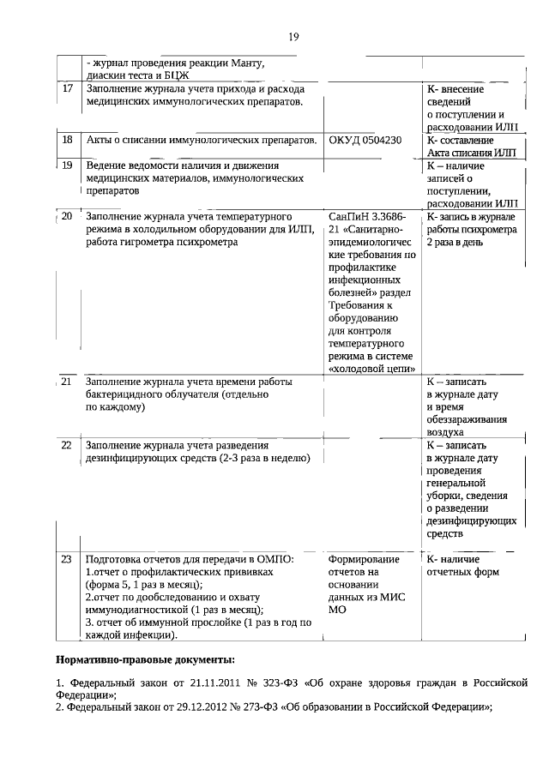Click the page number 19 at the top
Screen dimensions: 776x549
click(293, 36)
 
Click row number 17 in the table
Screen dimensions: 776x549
click(68, 89)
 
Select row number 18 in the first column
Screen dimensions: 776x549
click(68, 140)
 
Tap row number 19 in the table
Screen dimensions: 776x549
click(68, 165)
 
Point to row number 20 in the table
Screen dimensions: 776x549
click(67, 216)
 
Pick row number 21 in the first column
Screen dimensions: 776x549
click(67, 381)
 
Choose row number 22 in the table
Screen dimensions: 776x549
click(67, 446)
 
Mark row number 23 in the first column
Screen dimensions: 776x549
click(67, 559)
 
